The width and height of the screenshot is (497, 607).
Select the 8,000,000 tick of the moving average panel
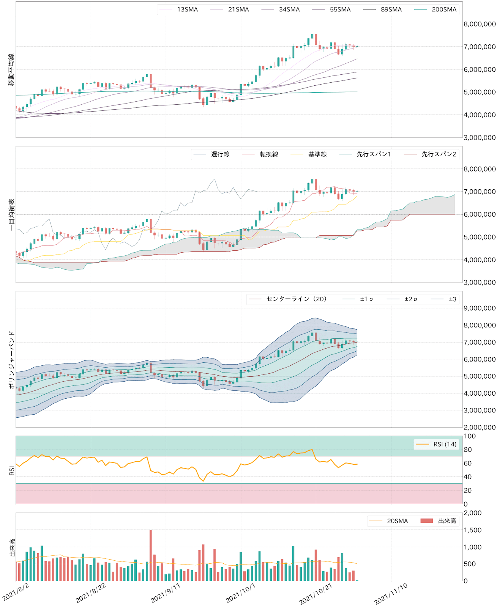coord(479,24)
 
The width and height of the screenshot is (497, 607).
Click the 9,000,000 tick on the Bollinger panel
coord(479,308)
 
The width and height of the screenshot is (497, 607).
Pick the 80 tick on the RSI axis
coord(470,450)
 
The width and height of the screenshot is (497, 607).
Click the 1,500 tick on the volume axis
coord(473,530)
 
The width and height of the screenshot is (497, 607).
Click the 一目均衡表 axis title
coord(12,214)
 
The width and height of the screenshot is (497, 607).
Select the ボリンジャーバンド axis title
coord(12,359)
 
